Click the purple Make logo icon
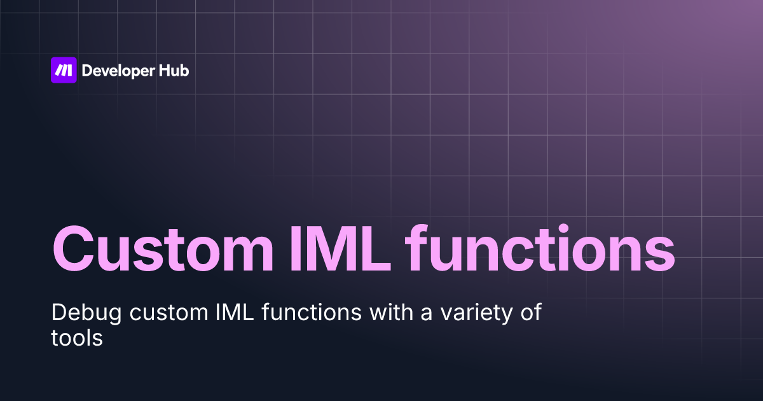(64, 70)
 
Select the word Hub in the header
(174, 71)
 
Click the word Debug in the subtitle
(75, 313)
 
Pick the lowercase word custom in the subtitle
(141, 313)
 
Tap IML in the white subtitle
(203, 313)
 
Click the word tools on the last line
(76, 337)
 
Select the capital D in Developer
(87, 71)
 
